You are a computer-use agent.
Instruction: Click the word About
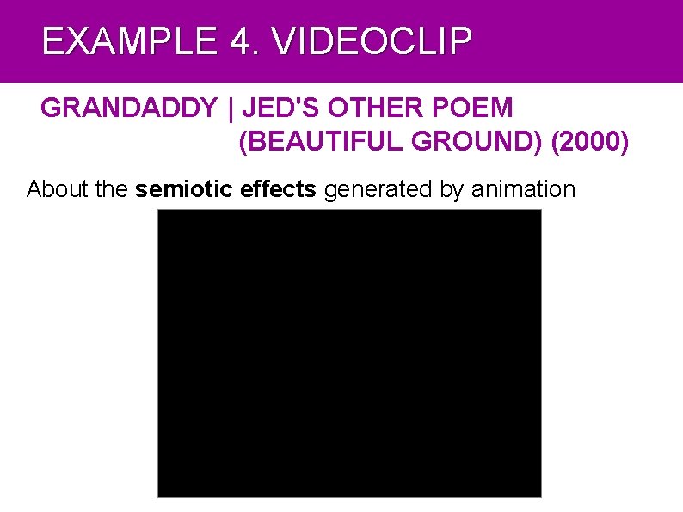[x=58, y=189]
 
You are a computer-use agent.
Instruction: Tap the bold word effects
[x=279, y=189]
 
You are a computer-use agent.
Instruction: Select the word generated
[x=378, y=189]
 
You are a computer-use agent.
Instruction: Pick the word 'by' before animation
[x=452, y=189]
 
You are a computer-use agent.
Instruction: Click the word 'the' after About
[x=112, y=189]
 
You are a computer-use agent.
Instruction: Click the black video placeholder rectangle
[x=349, y=353]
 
